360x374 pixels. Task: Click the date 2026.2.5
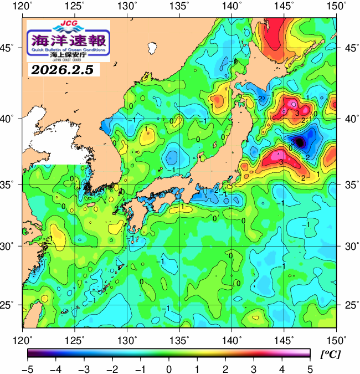61,70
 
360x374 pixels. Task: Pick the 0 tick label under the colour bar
168,368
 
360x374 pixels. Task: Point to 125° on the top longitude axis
75,6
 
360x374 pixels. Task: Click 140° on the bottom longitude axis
232,339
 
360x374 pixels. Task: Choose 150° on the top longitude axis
336,6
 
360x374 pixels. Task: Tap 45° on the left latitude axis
10,48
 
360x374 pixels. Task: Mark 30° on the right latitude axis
349,245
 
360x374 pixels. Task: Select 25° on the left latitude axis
10,305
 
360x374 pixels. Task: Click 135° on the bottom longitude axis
179,339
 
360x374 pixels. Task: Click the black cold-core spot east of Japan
300,142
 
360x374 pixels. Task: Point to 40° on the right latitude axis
349,119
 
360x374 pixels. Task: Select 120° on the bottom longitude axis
23,339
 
